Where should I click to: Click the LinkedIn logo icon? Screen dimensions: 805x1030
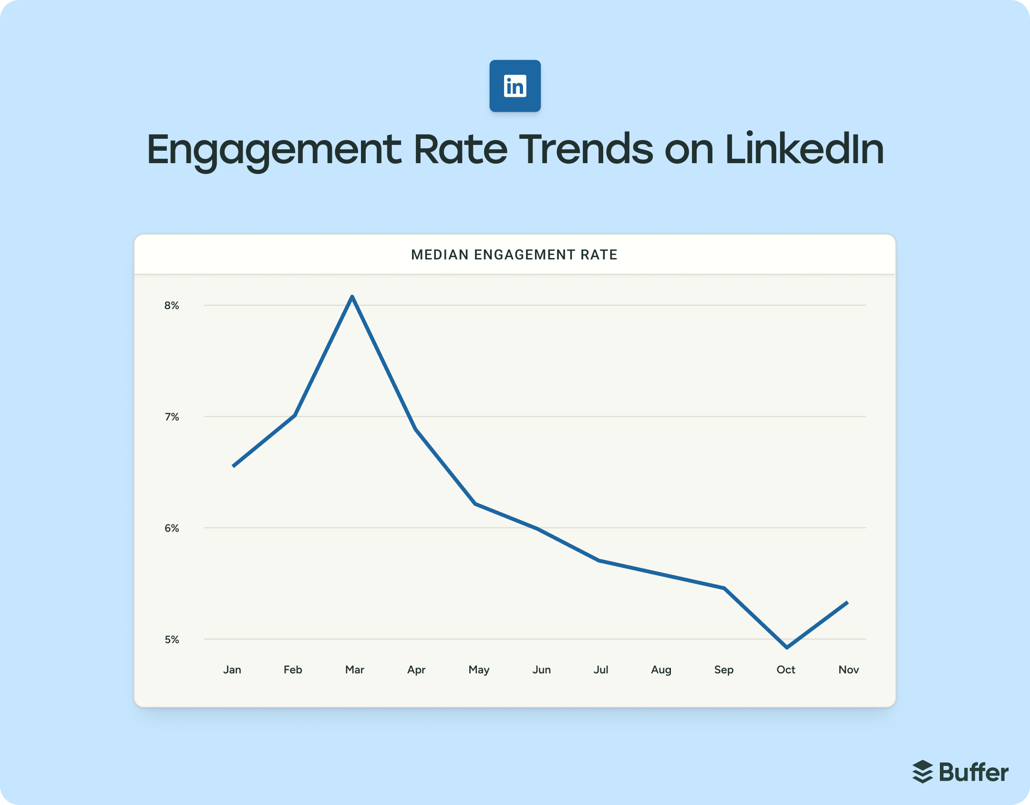point(515,86)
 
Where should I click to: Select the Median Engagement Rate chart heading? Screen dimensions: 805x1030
point(514,255)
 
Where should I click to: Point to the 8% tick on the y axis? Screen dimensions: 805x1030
point(172,305)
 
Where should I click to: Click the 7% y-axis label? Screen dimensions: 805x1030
point(172,417)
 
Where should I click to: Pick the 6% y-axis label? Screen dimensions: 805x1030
point(172,528)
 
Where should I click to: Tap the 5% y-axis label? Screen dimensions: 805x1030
point(172,640)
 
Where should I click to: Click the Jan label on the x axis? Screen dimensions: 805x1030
point(232,670)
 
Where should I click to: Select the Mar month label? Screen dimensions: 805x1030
point(354,670)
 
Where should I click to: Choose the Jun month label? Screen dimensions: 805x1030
point(541,670)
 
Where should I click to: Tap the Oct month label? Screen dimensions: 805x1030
point(785,670)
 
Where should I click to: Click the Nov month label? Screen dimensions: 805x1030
point(848,670)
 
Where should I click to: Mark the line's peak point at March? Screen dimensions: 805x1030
point(352,297)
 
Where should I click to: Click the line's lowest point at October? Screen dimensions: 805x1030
point(787,647)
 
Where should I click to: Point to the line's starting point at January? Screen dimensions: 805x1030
point(234,465)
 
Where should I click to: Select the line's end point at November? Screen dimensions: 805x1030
point(847,603)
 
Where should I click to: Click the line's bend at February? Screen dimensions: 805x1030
point(295,415)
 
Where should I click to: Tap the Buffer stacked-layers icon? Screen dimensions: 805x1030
point(922,772)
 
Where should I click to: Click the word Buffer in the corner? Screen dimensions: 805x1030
point(973,772)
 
